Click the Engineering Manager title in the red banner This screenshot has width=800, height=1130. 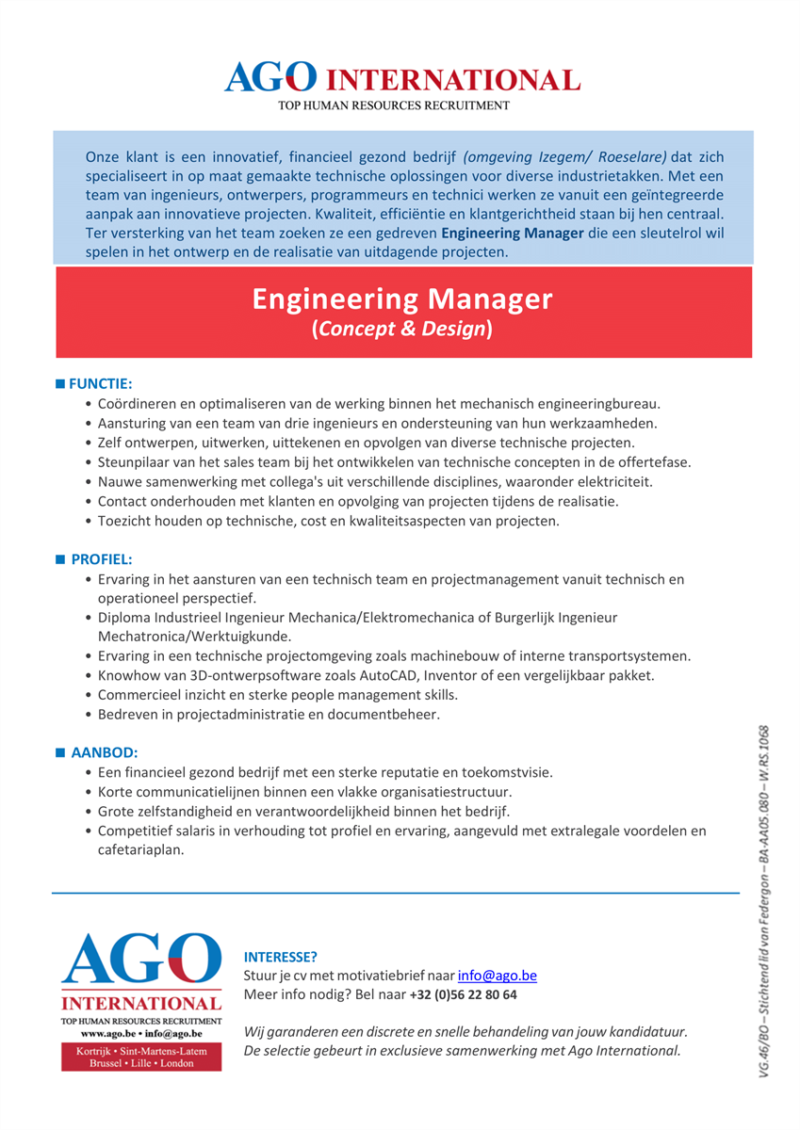tap(402, 299)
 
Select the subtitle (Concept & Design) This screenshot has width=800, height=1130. tap(402, 329)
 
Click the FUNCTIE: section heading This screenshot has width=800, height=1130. tap(100, 384)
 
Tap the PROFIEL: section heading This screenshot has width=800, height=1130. tap(102, 559)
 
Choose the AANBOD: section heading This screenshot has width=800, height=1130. tap(105, 752)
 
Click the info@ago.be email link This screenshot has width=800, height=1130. tap(497, 976)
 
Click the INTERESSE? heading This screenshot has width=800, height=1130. tap(281, 957)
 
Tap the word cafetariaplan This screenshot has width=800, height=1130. tap(140, 848)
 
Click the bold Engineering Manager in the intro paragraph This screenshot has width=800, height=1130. tap(512, 233)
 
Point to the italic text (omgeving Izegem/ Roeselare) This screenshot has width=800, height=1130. tap(564, 156)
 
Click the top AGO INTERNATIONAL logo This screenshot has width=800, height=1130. tap(402, 79)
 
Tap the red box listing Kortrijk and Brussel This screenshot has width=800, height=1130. tap(141, 1057)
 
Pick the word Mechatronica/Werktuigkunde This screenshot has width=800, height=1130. tap(183, 636)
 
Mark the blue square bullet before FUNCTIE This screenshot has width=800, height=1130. tap(61, 384)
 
